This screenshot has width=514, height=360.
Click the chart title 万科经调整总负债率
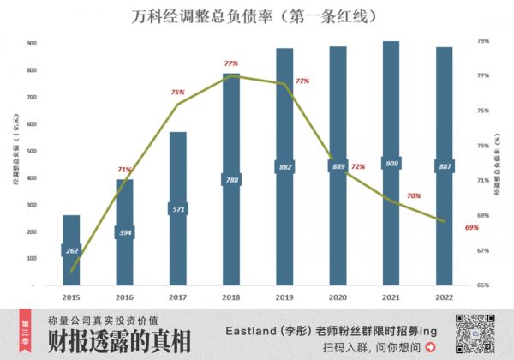click(257, 15)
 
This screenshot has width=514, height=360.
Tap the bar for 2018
click(231, 180)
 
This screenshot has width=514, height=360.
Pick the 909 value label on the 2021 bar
click(391, 164)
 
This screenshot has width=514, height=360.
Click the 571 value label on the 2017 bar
click(178, 208)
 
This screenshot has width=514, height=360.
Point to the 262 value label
click(72, 250)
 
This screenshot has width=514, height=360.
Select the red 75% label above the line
click(177, 92)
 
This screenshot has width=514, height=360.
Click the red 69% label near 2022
click(471, 227)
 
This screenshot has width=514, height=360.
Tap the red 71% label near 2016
click(124, 170)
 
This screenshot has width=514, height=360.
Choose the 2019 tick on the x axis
click(284, 297)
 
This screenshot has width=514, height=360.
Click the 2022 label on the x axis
click(444, 297)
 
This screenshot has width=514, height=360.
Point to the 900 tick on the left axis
click(31, 43)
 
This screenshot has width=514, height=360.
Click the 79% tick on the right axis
click(482, 40)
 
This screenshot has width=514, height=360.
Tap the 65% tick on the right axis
click(482, 285)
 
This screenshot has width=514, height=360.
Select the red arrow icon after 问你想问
click(429, 348)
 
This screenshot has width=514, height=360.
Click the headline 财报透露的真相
click(119, 341)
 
